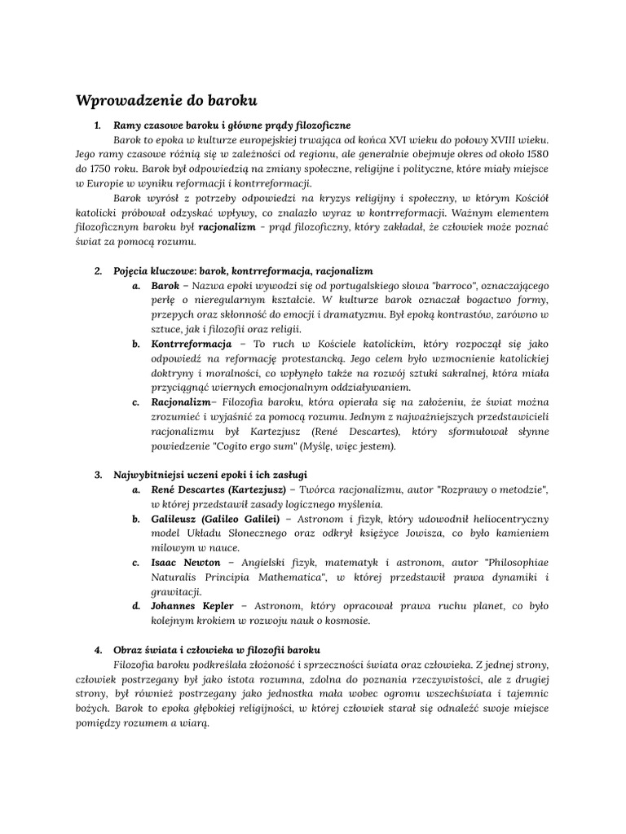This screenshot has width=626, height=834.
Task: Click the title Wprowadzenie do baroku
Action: (x=166, y=102)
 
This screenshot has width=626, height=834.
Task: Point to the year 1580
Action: (x=534, y=154)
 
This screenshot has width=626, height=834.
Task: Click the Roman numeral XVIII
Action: (x=504, y=140)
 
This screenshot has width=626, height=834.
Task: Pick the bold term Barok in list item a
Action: (x=165, y=286)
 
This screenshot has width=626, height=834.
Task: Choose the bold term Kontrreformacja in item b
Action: (x=192, y=344)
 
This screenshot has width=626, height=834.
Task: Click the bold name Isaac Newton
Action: (x=186, y=562)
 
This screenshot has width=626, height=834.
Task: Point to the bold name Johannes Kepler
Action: (x=192, y=606)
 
